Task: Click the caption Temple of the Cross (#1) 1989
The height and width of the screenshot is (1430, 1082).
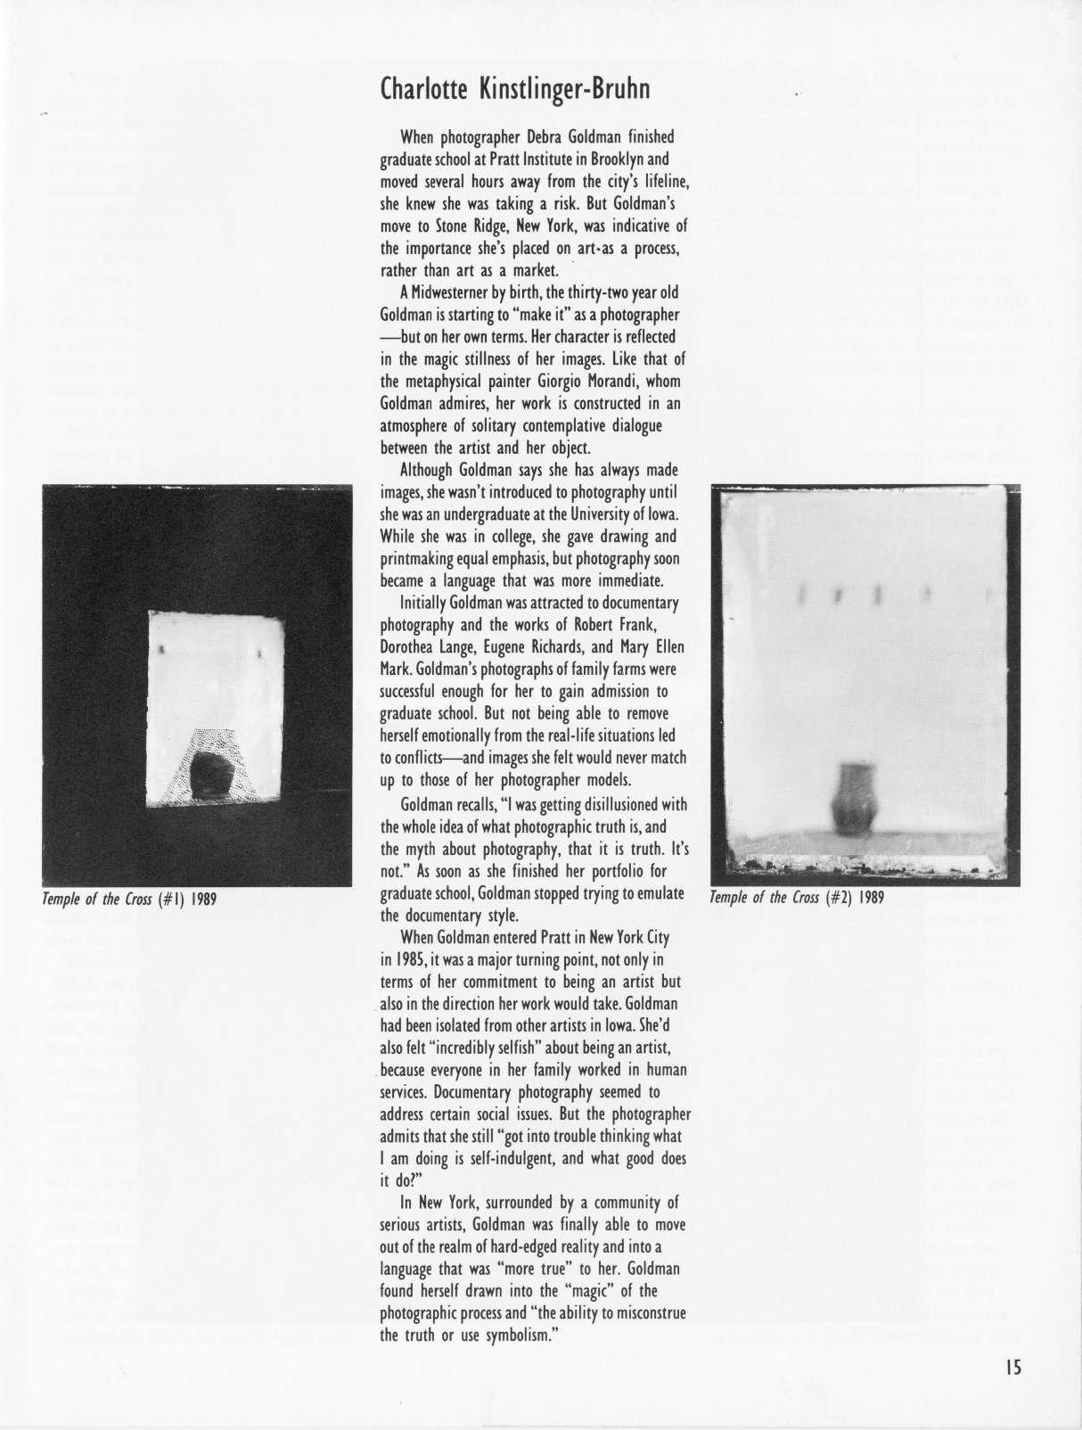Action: tap(129, 898)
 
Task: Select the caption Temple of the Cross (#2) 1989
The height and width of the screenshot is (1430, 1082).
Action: tap(797, 897)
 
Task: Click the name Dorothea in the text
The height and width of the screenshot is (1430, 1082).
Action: tap(411, 647)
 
